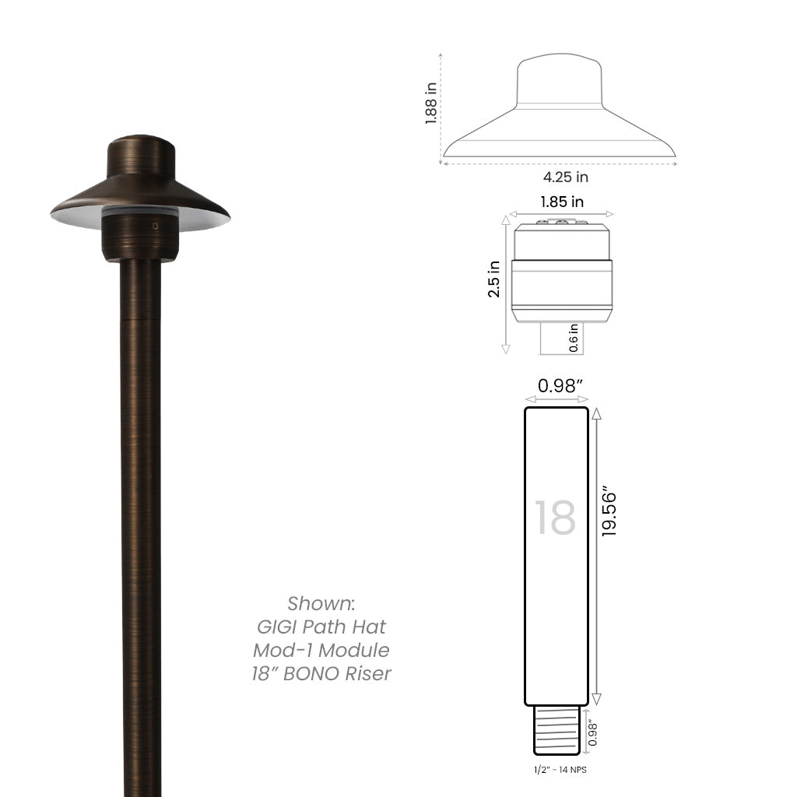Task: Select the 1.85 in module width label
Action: [562, 202]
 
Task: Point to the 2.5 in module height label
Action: [493, 279]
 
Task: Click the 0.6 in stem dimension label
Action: [574, 338]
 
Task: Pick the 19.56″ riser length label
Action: [609, 513]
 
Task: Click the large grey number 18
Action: [555, 518]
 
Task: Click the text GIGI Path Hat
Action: [321, 627]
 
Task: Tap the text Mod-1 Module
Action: [321, 650]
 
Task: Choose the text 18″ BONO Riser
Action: [321, 673]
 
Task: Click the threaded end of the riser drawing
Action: [557, 729]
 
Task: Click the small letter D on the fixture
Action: [156, 226]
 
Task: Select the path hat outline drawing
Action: [559, 109]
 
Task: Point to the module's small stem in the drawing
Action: [560, 338]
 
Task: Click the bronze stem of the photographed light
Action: [141, 506]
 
